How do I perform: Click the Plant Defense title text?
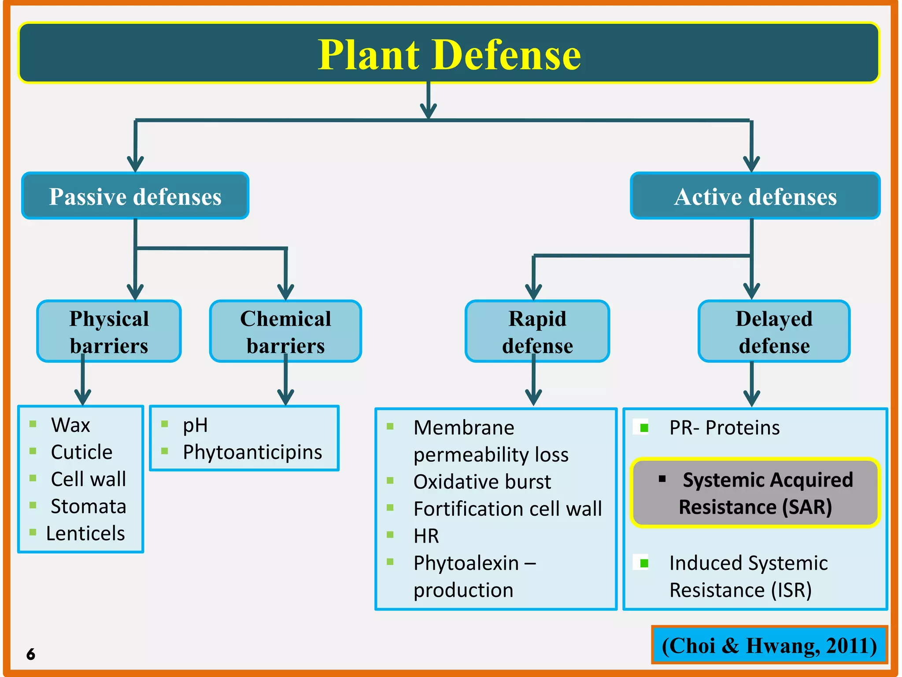click(449, 55)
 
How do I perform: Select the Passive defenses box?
click(135, 196)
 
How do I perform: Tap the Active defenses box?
click(755, 196)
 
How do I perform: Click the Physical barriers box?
click(109, 331)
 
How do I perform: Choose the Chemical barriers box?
click(285, 331)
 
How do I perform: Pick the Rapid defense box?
click(537, 331)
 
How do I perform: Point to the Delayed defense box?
click(774, 331)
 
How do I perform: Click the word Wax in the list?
click(70, 425)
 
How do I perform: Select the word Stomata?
click(88, 506)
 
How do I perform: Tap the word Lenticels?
click(85, 533)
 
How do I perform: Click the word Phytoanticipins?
click(252, 452)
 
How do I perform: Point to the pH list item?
click(195, 425)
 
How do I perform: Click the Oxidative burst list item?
click(482, 482)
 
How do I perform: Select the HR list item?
click(426, 536)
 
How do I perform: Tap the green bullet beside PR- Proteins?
click(643, 428)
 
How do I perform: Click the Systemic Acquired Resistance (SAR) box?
click(755, 493)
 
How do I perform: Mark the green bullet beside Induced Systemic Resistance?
click(643, 563)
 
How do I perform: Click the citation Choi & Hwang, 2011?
click(769, 645)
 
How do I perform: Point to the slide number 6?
click(30, 654)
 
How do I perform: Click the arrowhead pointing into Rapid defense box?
click(533, 293)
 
